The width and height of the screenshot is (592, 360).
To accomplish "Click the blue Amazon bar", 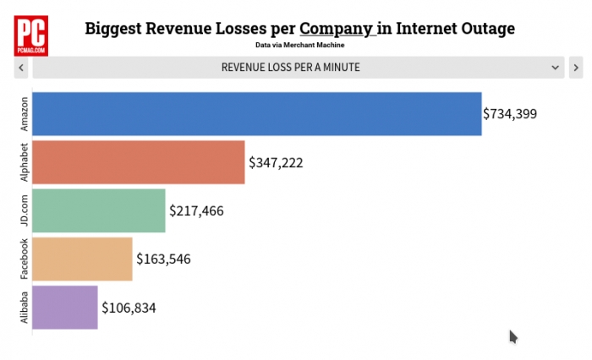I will coord(257,114).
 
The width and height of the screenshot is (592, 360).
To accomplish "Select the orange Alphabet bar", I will coord(139,162).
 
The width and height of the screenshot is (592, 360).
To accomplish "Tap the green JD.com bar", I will coord(99,210).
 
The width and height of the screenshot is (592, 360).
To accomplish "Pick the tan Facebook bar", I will coord(83,259).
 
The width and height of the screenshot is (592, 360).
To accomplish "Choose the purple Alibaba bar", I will coord(65,308).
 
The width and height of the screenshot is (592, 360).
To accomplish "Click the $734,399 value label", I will coord(510,113).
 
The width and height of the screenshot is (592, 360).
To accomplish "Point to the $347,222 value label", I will coord(276,161).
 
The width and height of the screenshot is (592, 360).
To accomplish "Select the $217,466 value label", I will coord(196,210).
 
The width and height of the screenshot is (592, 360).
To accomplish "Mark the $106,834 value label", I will coord(129,308).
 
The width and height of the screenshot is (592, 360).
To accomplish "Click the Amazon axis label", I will coord(24,114).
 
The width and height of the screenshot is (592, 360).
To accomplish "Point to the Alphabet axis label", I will coord(24,162).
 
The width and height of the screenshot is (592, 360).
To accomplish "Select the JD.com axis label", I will coord(24,210).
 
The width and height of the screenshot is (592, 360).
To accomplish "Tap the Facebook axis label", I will coord(24,259).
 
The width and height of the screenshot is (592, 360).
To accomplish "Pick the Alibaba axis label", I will coord(24,308).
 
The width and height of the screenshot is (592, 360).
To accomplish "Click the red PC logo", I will coord(31,35).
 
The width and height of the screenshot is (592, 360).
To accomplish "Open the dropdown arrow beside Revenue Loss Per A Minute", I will coord(556,67).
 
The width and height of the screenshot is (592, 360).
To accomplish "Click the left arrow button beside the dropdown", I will coord(20,67).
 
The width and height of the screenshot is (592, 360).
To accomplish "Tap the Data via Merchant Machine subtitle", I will coord(299,45).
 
